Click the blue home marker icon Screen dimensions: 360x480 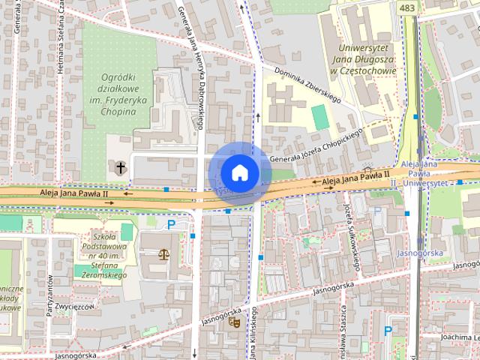point(239,172)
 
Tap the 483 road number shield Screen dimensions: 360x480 point(407,7)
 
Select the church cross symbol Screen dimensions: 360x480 point(121,166)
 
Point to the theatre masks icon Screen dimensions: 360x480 point(233,322)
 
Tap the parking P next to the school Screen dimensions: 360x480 point(171,224)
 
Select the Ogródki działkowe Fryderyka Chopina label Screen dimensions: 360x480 point(119,94)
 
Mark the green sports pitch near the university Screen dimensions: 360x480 point(320,117)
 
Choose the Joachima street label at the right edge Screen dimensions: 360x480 point(459,337)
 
